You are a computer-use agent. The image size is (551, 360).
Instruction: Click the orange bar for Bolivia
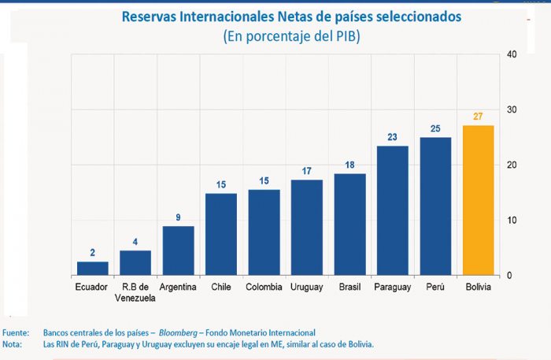[478, 200]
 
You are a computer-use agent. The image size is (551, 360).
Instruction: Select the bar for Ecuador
[92, 269]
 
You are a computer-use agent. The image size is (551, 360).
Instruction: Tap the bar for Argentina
[178, 251]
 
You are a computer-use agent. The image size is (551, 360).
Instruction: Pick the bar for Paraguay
[392, 210]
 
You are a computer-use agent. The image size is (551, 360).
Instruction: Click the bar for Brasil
[349, 225]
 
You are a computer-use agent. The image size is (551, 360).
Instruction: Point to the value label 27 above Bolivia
[478, 117]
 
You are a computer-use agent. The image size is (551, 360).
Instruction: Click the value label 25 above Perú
[435, 128]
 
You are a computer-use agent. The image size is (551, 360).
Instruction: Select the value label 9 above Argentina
[178, 217]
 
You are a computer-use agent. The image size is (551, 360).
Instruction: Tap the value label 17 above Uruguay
[306, 170]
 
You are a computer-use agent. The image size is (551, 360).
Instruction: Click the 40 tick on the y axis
[512, 54]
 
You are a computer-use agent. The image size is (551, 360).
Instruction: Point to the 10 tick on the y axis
[512, 220]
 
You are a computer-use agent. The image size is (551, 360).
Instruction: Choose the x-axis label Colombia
[264, 287]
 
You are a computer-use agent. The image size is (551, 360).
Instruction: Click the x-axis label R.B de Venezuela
[135, 291]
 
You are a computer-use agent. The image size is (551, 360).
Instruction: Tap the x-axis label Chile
[220, 287]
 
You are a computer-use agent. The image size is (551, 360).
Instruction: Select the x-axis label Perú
[435, 287]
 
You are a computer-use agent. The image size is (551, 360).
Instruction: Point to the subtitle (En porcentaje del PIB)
[291, 36]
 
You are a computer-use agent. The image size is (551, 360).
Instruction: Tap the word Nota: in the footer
[13, 344]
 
